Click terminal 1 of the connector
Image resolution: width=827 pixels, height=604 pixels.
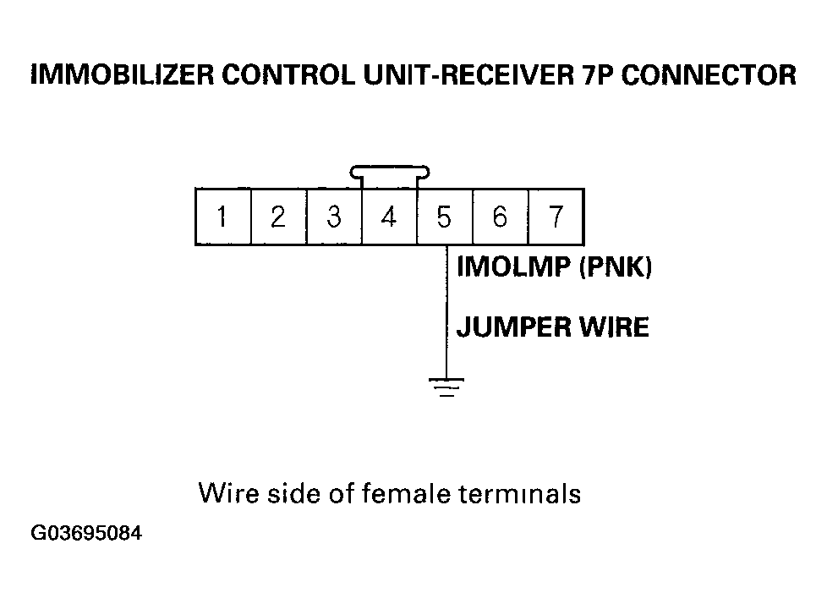pos(223,217)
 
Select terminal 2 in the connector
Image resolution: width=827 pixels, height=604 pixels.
pos(278,217)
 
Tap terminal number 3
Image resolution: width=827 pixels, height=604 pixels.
pos(334,217)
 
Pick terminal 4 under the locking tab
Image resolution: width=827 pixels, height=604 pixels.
pos(389,217)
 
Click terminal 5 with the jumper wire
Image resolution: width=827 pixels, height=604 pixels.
pos(445,217)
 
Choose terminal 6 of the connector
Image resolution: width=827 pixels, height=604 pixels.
pos(500,217)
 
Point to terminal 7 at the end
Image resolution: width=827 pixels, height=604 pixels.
pos(556,217)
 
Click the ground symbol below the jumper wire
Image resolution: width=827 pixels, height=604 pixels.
pos(446,387)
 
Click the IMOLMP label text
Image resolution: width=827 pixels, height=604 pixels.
pos(514,266)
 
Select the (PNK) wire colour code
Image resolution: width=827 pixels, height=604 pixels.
pos(616,266)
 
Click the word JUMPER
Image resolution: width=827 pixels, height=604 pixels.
pos(514,327)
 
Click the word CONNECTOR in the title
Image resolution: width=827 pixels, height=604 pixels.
pos(709,75)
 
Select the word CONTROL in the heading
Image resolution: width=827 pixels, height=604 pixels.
pos(288,75)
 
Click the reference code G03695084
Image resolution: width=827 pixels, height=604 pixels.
pos(86,533)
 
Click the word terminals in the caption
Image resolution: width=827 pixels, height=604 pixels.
pos(519,494)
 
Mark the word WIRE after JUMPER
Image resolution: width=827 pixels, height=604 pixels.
pos(615,327)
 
